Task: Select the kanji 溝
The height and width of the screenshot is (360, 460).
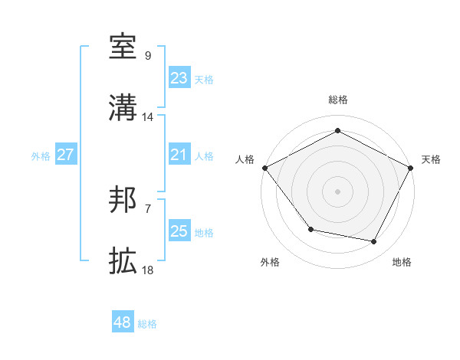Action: pos(123,108)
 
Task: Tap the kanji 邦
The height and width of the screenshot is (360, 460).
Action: pos(123,201)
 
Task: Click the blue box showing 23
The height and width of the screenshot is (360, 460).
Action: pos(179,77)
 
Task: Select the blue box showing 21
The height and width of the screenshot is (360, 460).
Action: pos(179,155)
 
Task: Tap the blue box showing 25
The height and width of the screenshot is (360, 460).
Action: pos(179,232)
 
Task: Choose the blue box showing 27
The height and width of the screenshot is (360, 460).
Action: pos(65,155)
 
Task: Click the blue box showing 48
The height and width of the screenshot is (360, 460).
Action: pos(123,322)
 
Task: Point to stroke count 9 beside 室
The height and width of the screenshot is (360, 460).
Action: pos(148,56)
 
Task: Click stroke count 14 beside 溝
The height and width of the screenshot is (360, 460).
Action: pos(148,117)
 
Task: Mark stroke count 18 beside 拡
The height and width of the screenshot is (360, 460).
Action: pos(148,271)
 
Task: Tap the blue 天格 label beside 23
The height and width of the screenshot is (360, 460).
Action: pos(204,79)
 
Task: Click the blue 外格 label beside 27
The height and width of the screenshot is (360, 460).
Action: pos(41,156)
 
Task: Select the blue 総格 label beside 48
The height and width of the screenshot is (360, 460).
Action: pos(147,324)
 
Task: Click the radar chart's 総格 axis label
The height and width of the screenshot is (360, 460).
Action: pos(338,100)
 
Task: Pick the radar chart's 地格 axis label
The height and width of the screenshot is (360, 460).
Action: pos(402,263)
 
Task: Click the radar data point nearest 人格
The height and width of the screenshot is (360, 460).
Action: pos(264,167)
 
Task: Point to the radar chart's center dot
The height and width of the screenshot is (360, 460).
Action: pos(338,191)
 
